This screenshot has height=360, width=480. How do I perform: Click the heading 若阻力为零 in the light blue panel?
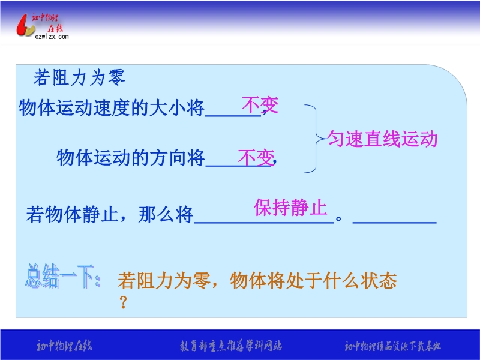pyautogui.click(x=79, y=77)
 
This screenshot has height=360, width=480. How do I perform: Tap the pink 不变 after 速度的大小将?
pyautogui.click(x=260, y=104)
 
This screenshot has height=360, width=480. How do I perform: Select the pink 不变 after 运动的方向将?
pyautogui.click(x=256, y=158)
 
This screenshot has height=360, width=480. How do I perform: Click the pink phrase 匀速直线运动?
pyautogui.click(x=382, y=139)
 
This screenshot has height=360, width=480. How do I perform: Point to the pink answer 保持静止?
pyautogui.click(x=290, y=208)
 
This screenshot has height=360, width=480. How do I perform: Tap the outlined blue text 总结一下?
pyautogui.click(x=63, y=276)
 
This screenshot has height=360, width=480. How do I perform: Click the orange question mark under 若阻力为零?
pyautogui.click(x=123, y=302)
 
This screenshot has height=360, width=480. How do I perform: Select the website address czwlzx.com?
pyautogui.click(x=52, y=37)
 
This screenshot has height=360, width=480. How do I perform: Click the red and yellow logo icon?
pyautogui.click(x=25, y=26)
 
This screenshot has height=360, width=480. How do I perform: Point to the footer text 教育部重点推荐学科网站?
pyautogui.click(x=231, y=346)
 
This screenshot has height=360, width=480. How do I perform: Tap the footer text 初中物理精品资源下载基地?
pyautogui.click(x=392, y=346)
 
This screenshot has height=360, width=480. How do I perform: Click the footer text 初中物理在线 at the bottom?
pyautogui.click(x=64, y=346)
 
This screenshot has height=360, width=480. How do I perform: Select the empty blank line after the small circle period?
pyautogui.click(x=395, y=223)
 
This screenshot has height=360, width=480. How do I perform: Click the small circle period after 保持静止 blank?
pyautogui.click(x=338, y=219)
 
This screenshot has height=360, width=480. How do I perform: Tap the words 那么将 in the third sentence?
pyautogui.click(x=166, y=214)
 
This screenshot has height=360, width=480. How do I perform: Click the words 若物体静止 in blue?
pyautogui.click(x=72, y=214)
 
